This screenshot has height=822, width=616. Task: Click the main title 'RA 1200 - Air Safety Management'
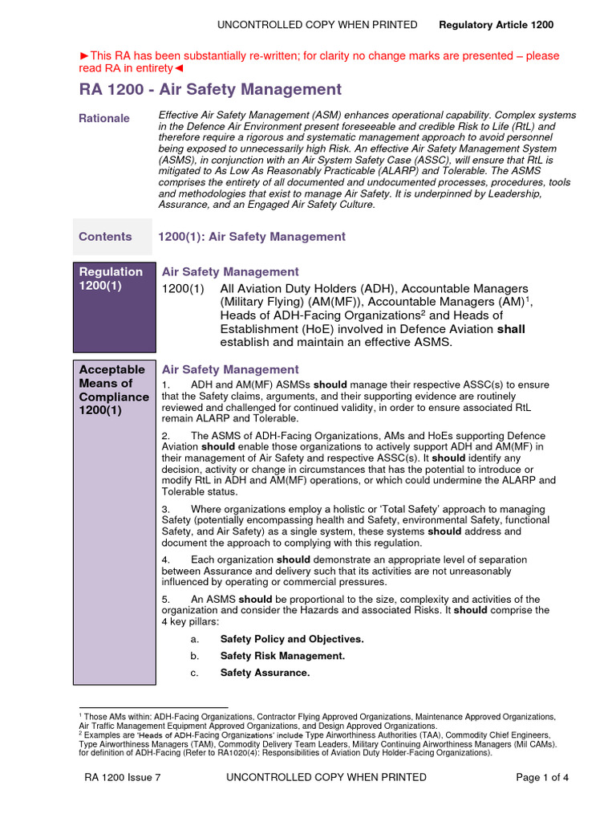(x=210, y=90)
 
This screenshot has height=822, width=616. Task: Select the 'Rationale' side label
(x=104, y=118)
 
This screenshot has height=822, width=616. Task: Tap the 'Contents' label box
(x=105, y=237)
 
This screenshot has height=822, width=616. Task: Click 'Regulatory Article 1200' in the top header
(x=496, y=25)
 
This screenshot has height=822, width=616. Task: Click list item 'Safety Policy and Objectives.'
(x=292, y=639)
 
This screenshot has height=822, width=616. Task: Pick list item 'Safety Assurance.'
(x=265, y=673)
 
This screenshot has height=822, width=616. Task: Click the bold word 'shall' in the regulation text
(x=511, y=329)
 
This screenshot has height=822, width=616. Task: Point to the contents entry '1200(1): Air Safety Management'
(x=252, y=237)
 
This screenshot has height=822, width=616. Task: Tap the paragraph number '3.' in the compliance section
(x=166, y=509)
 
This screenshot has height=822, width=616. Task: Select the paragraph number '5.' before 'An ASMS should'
(x=166, y=599)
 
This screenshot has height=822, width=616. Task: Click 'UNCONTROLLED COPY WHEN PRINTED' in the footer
(x=326, y=777)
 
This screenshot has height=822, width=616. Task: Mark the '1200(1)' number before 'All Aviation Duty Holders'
(x=183, y=288)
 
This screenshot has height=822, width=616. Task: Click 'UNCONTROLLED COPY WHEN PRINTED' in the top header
(x=317, y=25)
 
